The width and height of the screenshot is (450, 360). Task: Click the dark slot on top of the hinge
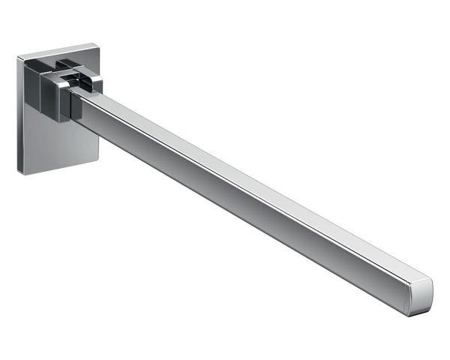tap(75, 73)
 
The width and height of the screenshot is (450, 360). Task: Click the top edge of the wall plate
tap(56, 49)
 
